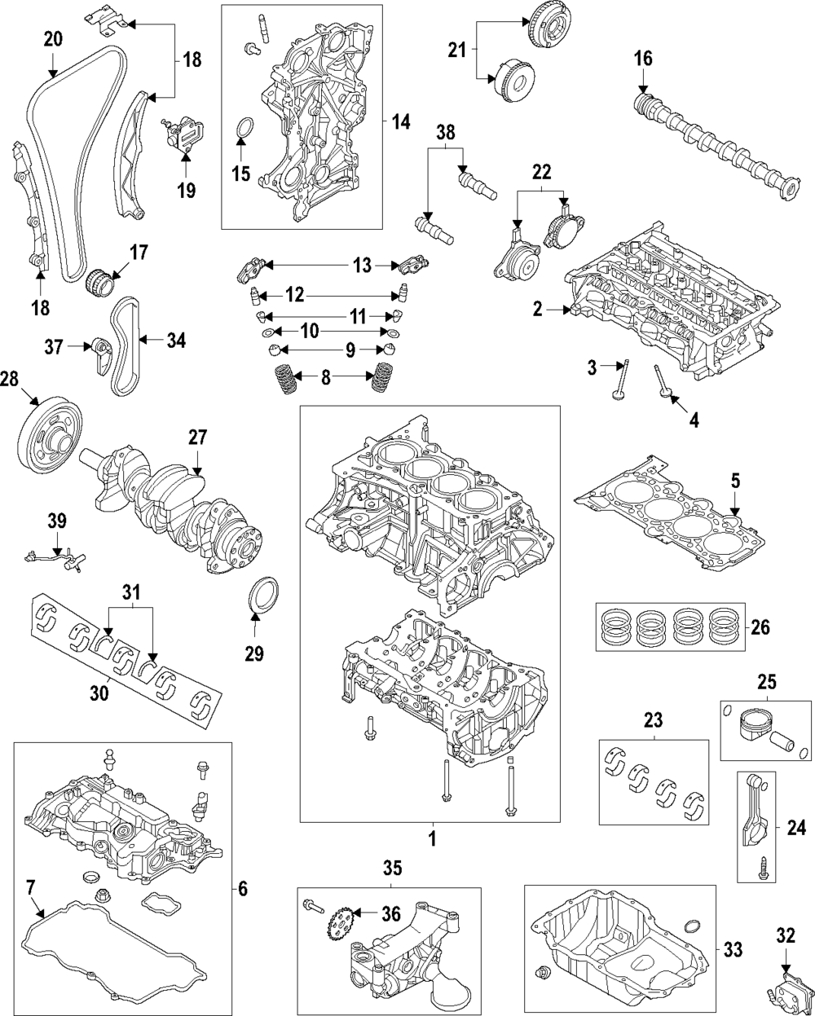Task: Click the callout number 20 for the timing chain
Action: coord(52,38)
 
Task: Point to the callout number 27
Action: coord(198,438)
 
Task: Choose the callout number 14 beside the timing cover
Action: coord(400,122)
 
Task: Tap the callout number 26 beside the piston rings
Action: coord(758,627)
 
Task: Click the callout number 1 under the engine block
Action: coord(433,838)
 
